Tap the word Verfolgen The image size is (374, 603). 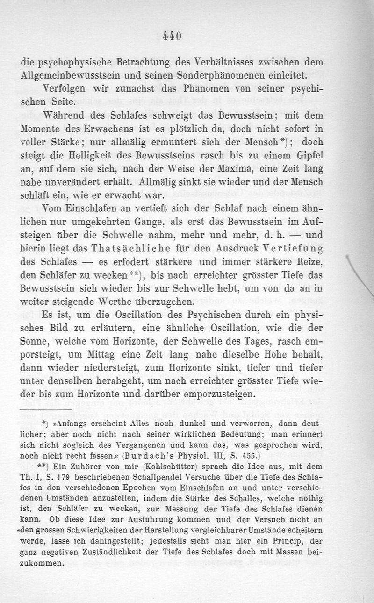pos(65,89)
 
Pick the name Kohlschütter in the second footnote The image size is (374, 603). pos(181,467)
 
